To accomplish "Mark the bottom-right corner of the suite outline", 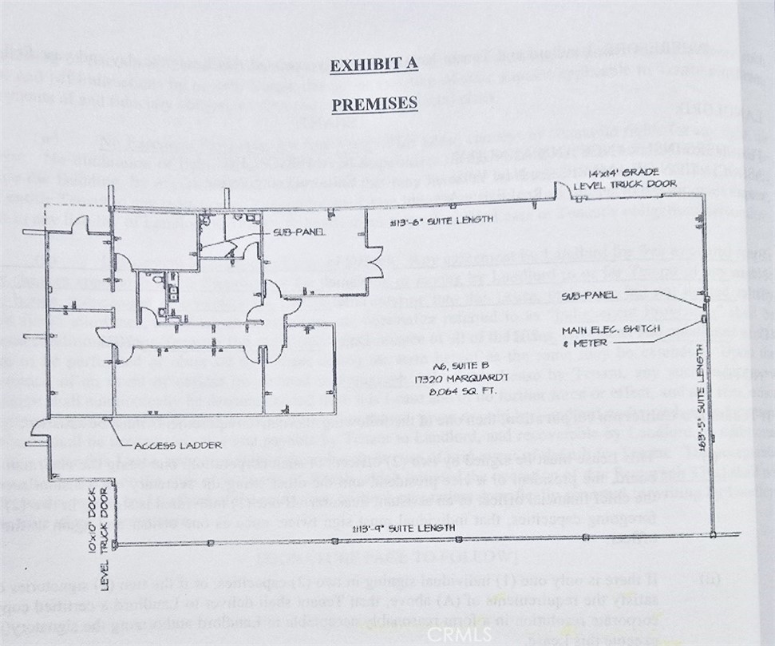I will [713, 536].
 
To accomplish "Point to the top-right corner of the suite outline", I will [706, 194].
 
